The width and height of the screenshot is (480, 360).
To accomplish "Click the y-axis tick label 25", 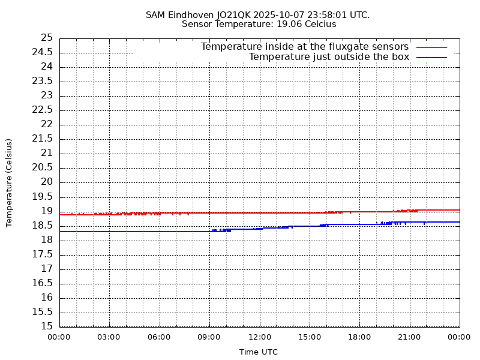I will click(47, 38).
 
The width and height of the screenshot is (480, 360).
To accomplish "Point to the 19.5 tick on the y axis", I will click(43, 197).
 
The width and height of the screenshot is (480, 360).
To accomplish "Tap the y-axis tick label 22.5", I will click(43, 110).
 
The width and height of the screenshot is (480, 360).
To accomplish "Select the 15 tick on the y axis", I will click(47, 326).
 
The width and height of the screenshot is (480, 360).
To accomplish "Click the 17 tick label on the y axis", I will click(47, 269).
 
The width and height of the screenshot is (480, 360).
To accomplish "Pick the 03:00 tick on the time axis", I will click(109, 337).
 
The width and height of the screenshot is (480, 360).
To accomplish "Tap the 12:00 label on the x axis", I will click(259, 337).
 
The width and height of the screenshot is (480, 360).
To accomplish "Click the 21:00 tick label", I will click(409, 337).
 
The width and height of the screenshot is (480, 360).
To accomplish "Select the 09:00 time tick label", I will click(209, 337).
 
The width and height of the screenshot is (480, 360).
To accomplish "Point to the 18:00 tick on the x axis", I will click(359, 337).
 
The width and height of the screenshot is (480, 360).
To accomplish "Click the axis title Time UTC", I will click(259, 352).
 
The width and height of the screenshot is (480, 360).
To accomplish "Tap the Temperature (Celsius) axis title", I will click(9, 182).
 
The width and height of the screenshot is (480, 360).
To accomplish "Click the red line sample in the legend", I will click(432, 47).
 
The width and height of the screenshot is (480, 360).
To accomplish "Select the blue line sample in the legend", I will click(432, 57).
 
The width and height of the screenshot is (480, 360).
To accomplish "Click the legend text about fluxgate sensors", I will click(304, 47).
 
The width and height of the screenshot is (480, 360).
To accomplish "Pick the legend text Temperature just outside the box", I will click(329, 57).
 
